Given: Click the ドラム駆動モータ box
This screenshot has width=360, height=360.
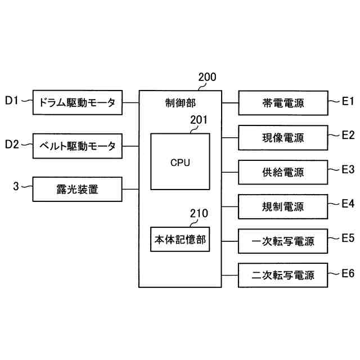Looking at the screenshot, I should [x=77, y=102].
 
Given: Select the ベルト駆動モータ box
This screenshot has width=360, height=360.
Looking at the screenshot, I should [x=77, y=146].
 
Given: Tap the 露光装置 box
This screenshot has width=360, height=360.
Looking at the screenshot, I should [x=77, y=189].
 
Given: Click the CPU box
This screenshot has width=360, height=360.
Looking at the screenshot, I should [x=180, y=163].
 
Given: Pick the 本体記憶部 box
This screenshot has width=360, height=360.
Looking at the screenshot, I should [x=180, y=240].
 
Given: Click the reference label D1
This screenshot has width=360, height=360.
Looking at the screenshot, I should [x=12, y=101].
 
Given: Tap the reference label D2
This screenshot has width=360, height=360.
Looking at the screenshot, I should [x=12, y=145].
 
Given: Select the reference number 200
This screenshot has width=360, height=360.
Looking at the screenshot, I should [x=208, y=78].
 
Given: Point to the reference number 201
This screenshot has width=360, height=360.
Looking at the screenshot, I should [x=199, y=120].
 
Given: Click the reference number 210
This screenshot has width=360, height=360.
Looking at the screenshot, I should [x=199, y=213].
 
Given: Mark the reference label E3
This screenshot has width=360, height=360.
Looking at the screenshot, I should [x=348, y=169].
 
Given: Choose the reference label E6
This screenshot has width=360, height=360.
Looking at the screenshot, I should [x=348, y=273].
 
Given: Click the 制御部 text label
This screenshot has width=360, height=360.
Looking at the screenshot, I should [x=180, y=103].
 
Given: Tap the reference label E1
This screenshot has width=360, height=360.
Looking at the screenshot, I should [x=348, y=101].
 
